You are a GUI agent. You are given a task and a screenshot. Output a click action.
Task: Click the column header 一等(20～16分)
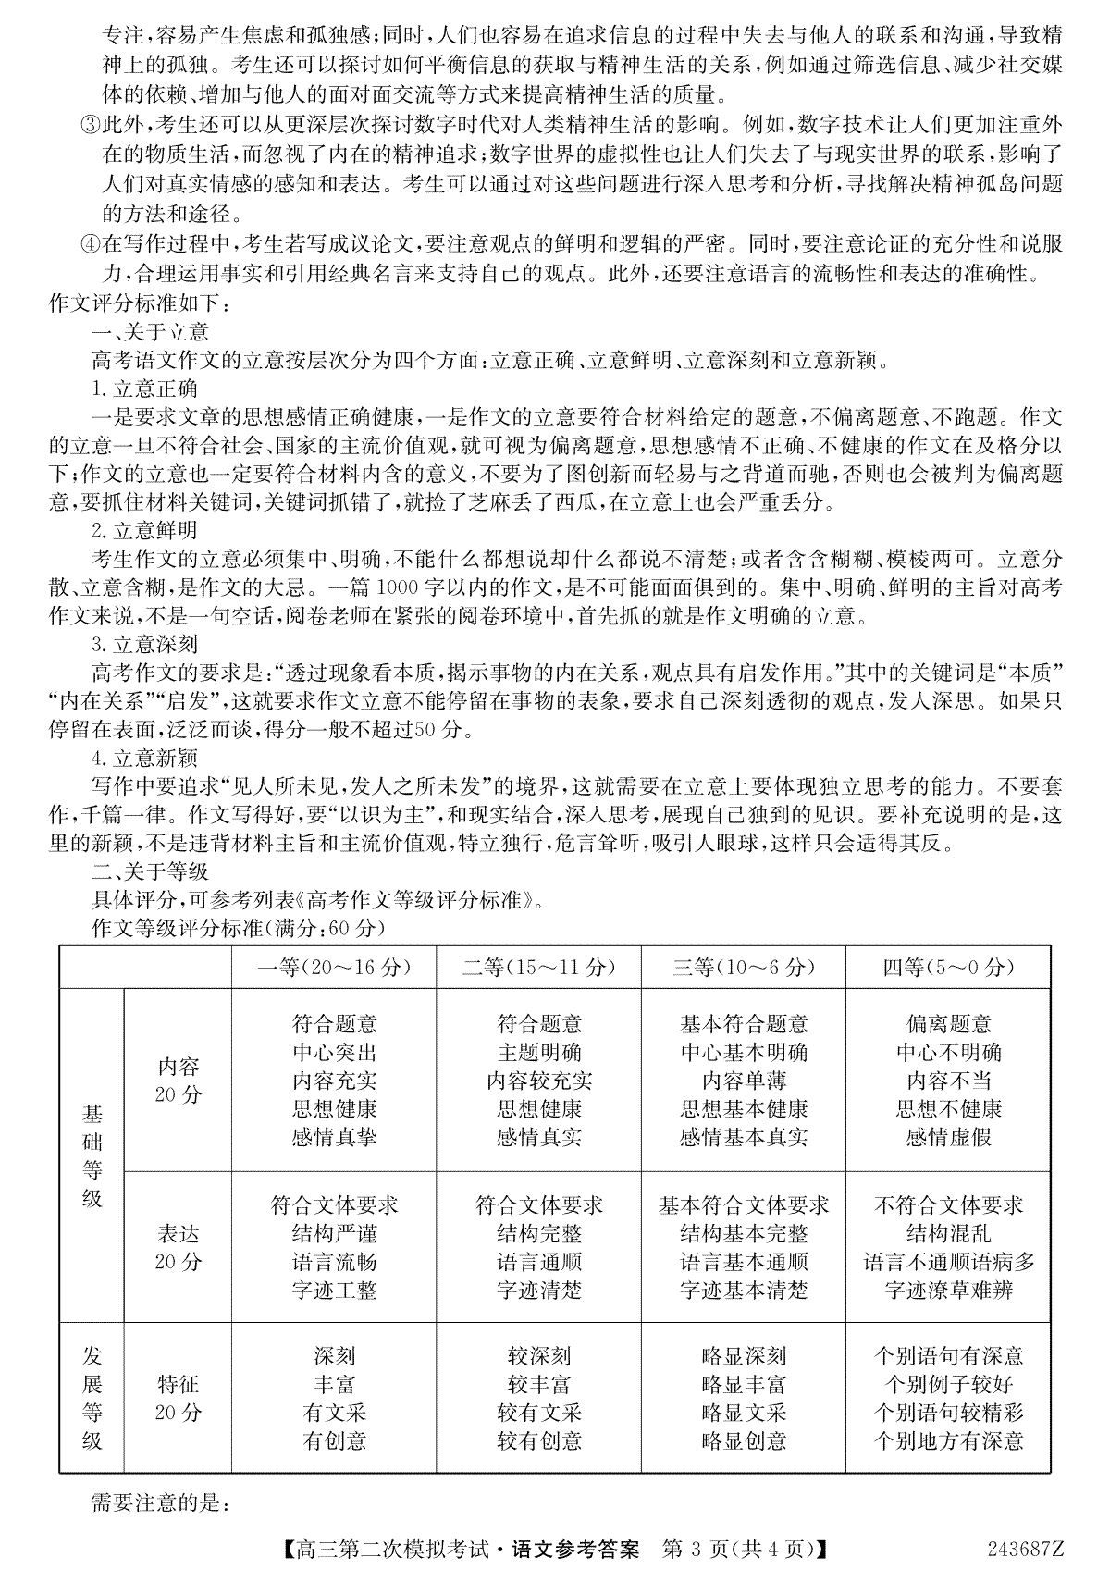point(334,968)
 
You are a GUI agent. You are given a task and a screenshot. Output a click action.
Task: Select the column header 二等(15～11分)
point(538,968)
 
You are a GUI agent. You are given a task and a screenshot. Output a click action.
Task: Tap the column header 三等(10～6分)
point(744,968)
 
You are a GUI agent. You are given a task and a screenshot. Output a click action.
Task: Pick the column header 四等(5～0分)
point(948,968)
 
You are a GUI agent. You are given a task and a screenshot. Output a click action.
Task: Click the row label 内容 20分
point(178,1081)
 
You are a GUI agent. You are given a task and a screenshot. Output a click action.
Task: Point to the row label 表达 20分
point(178,1248)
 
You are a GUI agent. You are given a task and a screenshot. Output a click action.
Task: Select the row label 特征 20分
point(178,1398)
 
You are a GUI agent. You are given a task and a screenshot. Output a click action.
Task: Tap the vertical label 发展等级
point(92,1398)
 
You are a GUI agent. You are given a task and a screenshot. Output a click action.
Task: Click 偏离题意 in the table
point(948,1024)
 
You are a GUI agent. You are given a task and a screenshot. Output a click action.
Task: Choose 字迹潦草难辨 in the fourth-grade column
point(948,1290)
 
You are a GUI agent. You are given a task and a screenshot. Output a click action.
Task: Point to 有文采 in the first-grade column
point(334,1413)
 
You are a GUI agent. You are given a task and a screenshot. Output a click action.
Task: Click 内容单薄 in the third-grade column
point(744,1081)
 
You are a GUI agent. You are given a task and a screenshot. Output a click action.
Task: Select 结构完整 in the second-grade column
point(538,1234)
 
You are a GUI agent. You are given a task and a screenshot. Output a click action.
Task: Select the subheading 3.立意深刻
point(145,644)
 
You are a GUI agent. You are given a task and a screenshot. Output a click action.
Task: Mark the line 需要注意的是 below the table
point(160,1503)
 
